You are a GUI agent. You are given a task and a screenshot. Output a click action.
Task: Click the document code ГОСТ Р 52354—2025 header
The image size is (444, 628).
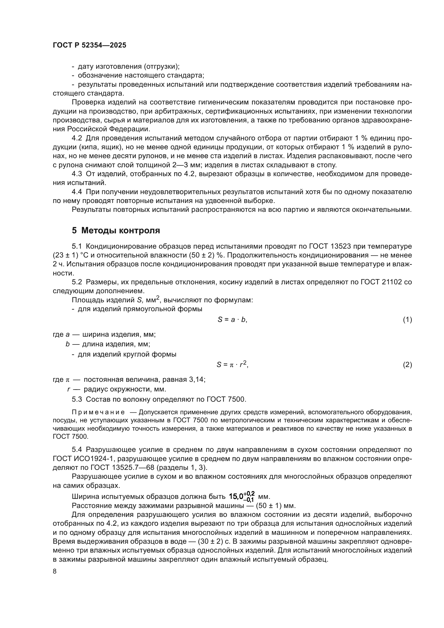click(x=89, y=45)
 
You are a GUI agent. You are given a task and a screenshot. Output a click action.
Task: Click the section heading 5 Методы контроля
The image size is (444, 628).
click(x=116, y=231)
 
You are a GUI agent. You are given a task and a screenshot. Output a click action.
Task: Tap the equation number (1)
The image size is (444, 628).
click(x=407, y=320)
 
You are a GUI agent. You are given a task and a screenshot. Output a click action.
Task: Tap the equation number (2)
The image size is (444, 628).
click(x=407, y=365)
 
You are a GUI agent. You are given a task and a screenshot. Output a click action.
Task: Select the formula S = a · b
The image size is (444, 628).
click(x=232, y=320)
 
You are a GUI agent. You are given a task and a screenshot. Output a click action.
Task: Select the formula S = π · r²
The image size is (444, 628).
click(x=232, y=364)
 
